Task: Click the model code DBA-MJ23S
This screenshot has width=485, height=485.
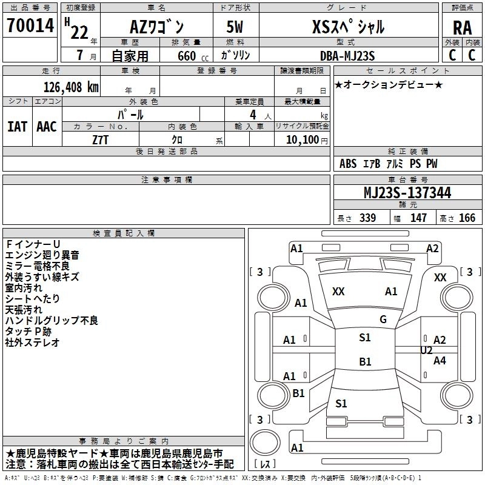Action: click(347, 55)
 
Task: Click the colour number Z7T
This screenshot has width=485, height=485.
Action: click(101, 139)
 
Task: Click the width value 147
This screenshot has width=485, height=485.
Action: click(418, 218)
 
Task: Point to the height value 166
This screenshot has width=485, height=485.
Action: click(467, 218)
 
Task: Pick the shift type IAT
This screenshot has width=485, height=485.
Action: click(17, 126)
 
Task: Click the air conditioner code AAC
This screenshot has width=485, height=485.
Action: click(47, 126)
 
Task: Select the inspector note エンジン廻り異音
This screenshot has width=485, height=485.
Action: click(42, 255)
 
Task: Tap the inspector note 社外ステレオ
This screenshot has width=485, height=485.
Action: click(33, 343)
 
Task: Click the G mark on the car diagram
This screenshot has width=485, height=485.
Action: click(383, 319)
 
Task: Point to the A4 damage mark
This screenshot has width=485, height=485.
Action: click(440, 361)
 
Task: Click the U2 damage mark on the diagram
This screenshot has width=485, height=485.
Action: click(426, 350)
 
